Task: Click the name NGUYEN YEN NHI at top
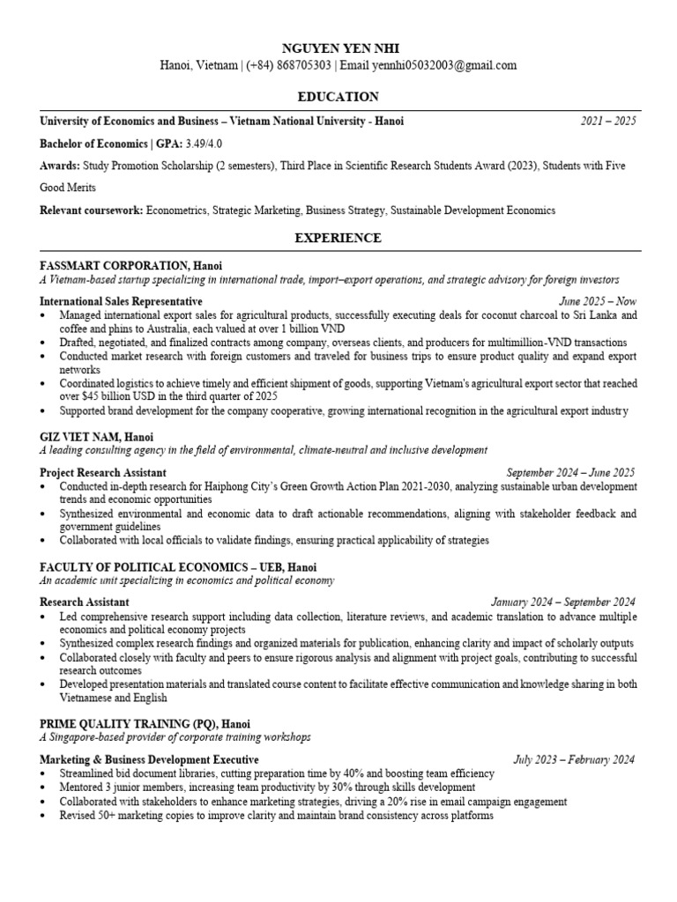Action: [x=338, y=47]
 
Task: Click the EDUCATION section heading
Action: [x=338, y=97]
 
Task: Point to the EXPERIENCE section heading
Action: [x=338, y=238]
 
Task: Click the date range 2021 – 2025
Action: [x=607, y=122]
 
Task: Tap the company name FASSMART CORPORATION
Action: [x=114, y=265]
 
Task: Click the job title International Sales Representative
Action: [x=121, y=301]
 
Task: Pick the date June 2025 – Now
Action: [x=598, y=301]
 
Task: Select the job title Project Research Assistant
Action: [x=103, y=473]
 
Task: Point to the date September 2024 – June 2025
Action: [x=570, y=473]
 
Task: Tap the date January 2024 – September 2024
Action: [x=563, y=602]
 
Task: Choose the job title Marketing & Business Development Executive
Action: [x=149, y=759]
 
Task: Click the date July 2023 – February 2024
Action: [x=574, y=759]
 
